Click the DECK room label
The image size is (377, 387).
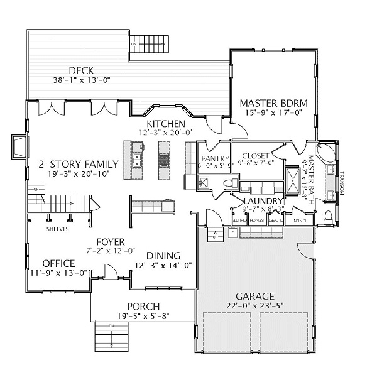(82, 70)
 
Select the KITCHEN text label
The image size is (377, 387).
(165, 124)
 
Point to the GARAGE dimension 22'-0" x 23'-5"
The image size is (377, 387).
(254, 307)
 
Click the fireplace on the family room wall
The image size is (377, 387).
(20, 146)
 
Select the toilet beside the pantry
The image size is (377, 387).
(230, 183)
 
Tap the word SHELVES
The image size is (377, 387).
(57, 229)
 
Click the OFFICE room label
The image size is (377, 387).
(58, 263)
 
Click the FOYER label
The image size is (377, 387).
(110, 241)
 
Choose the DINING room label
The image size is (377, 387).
(163, 256)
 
